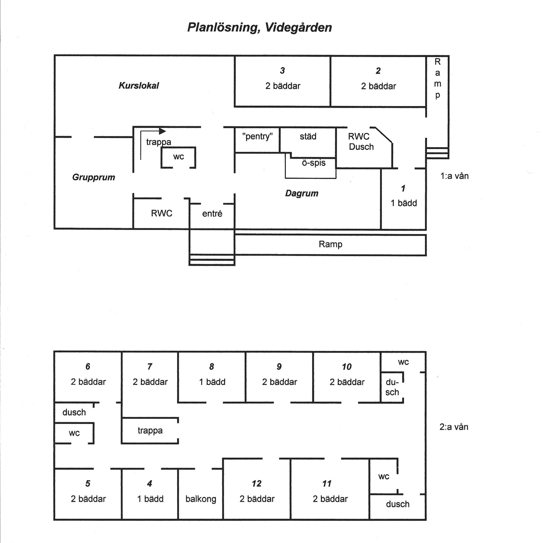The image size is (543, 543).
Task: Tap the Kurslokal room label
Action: [x=139, y=85]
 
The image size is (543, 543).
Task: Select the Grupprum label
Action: [x=94, y=177]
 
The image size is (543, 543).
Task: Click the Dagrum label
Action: [x=302, y=193]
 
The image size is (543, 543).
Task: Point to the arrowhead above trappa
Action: [x=162, y=131]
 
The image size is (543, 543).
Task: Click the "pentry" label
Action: [x=257, y=137]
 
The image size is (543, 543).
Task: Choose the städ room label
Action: [x=308, y=136]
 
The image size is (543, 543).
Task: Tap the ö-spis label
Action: [x=314, y=163]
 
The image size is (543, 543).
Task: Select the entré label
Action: [x=212, y=214]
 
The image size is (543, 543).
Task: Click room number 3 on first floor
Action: [x=282, y=70]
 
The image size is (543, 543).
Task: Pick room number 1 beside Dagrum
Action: [x=403, y=188]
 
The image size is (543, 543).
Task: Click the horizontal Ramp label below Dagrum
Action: [x=330, y=244]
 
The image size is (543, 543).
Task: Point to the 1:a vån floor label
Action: [x=454, y=176]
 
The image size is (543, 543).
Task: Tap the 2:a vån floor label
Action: [x=454, y=427]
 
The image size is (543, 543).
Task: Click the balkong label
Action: [x=201, y=499]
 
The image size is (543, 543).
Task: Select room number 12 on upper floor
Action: [x=257, y=484]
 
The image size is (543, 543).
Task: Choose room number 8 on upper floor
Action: [x=212, y=367]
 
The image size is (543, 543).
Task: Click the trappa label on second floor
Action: [x=150, y=431]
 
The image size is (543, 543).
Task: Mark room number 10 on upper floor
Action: [x=346, y=367]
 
